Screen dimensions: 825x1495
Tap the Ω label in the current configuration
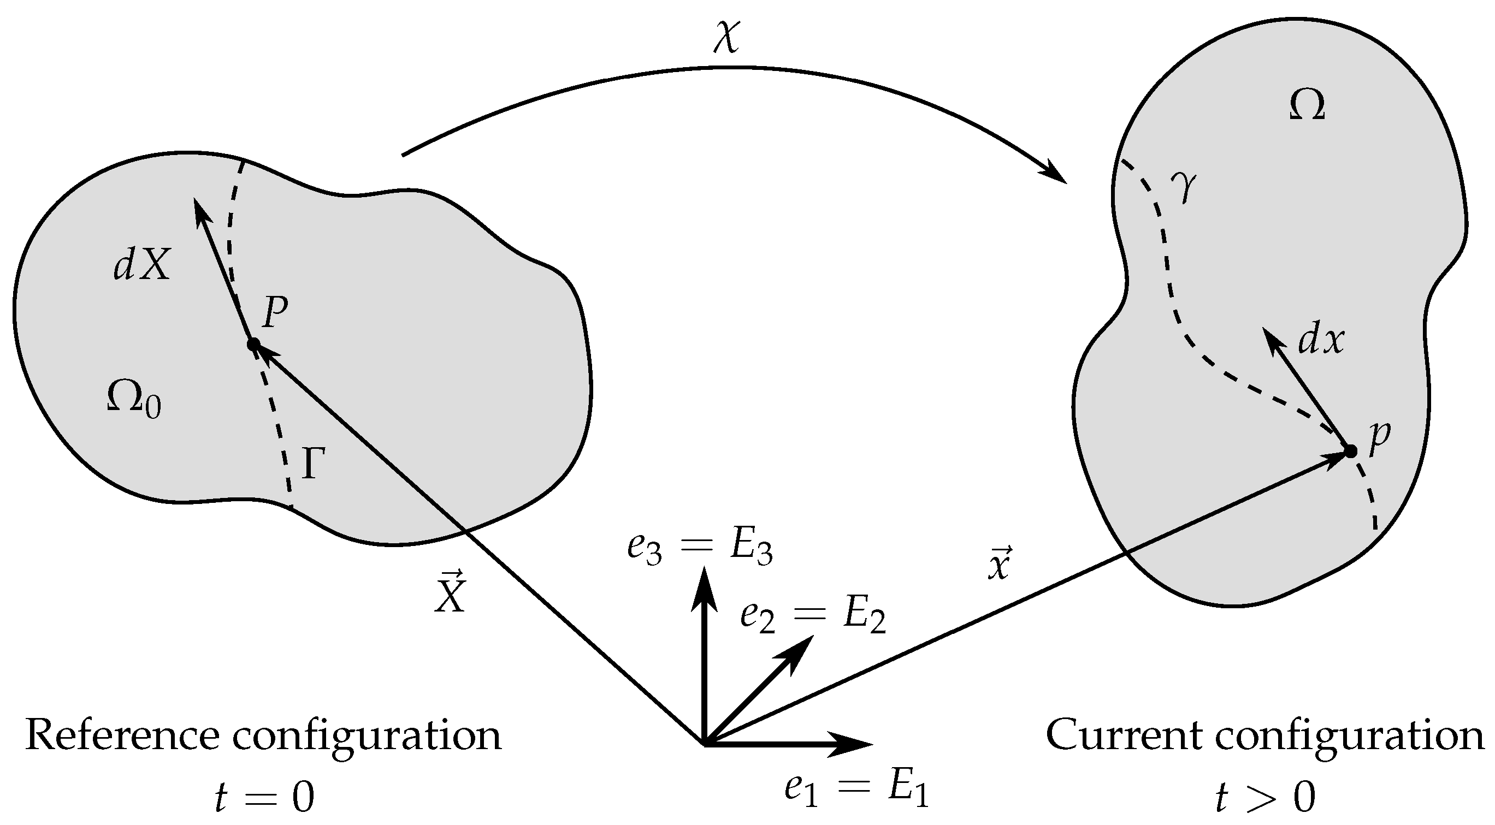point(1307,108)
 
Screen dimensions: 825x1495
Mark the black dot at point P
point(253,345)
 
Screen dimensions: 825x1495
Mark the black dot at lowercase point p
point(1350,451)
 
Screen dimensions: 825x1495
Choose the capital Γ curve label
point(312,464)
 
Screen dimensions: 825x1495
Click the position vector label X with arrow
point(450,593)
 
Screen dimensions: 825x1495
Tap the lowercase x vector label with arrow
point(1000,564)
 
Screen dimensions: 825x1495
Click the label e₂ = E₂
point(813,616)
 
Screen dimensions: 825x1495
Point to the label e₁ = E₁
point(856,791)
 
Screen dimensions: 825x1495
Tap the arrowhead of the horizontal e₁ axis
point(853,744)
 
